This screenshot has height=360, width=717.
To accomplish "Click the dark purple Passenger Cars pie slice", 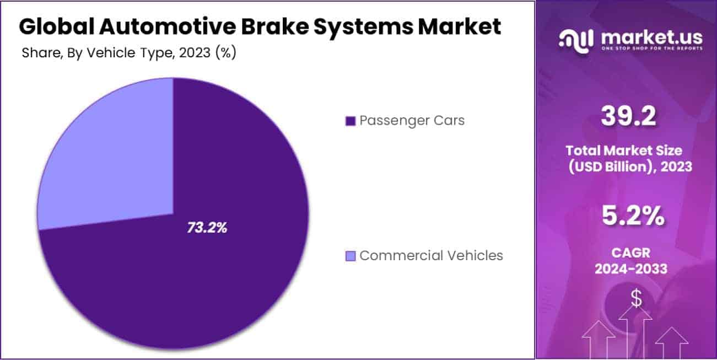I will [x=209, y=265].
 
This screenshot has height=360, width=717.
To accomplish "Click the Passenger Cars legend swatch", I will [x=350, y=121].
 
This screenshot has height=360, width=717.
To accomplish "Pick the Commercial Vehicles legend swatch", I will [x=350, y=256].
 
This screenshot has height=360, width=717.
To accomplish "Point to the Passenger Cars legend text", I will [x=412, y=121].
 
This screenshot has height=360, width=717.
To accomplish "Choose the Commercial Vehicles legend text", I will [x=431, y=256].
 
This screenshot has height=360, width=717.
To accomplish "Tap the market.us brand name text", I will [x=651, y=37].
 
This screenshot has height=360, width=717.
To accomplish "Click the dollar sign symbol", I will [x=637, y=299].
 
